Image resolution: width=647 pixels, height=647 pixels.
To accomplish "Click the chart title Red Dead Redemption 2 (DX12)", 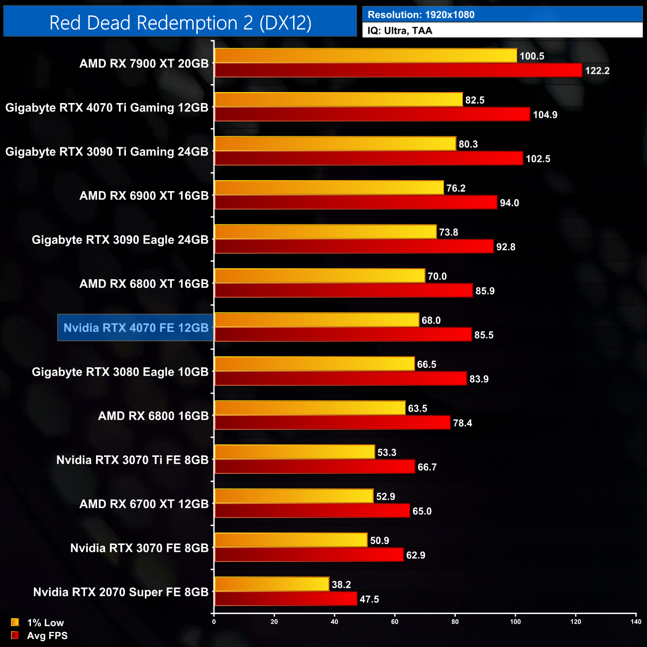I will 180,23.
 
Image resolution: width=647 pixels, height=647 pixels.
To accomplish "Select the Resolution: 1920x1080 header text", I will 421,15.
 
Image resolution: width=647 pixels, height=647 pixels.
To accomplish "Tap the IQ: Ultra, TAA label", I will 400,31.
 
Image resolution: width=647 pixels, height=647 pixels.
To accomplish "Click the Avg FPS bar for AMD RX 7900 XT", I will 398,70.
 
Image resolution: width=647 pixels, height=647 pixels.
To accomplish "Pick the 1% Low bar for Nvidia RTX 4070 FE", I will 317,320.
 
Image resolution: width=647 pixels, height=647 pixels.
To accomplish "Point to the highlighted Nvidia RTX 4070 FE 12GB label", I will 136,328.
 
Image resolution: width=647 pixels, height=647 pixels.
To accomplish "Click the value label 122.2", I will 597,71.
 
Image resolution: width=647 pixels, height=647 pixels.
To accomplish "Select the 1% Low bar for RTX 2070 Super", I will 272,584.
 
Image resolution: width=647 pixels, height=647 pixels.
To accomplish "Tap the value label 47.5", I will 369,599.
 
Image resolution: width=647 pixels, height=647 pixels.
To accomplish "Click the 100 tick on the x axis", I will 516,622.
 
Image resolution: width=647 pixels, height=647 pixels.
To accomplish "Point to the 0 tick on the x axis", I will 214,622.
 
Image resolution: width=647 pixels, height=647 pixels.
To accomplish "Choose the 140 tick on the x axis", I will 636,622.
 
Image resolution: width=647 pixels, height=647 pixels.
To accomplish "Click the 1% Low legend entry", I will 38,623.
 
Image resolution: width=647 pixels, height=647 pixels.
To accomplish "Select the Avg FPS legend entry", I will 40,636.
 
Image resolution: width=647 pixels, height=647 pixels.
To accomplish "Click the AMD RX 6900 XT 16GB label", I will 144,196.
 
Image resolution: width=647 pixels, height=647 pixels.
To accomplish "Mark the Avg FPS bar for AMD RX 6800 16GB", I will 332,423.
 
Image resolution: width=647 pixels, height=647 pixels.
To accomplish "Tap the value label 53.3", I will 387,452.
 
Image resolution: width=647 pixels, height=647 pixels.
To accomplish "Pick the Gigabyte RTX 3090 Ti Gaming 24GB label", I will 107,152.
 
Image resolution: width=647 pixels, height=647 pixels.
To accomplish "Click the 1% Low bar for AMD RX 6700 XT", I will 294,496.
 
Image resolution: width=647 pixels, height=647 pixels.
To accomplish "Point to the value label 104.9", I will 545,115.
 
